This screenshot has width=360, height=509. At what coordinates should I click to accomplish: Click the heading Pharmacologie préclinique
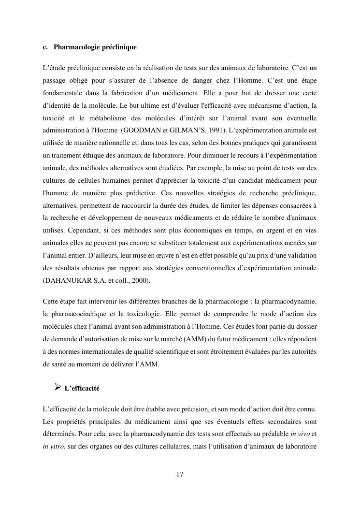(x=95, y=47)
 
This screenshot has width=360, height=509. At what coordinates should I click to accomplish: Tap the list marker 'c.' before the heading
(x=45, y=47)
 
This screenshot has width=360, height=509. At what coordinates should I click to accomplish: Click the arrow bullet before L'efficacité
(x=57, y=387)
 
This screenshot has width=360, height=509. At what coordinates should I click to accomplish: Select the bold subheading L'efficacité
(x=82, y=388)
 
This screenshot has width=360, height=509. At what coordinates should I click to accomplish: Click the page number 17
(x=180, y=475)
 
